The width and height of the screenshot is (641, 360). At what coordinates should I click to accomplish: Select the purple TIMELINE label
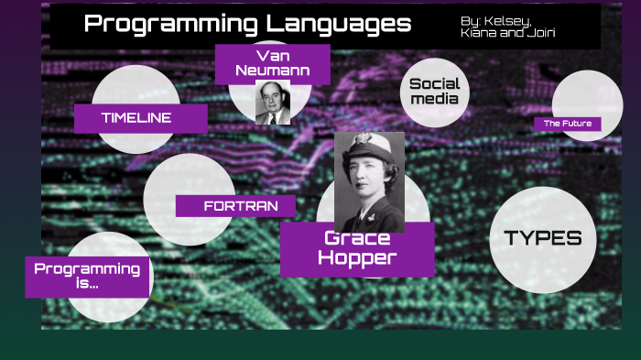[136, 117]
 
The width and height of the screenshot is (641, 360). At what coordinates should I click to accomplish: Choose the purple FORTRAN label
[235, 206]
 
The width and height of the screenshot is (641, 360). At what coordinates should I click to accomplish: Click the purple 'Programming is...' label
[87, 276]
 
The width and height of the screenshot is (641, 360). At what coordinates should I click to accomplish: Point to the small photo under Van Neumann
[272, 103]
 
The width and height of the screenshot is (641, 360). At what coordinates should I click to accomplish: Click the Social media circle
[434, 92]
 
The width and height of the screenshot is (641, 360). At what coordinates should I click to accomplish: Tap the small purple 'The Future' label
[568, 124]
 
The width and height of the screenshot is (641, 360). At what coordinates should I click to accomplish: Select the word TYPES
[543, 238]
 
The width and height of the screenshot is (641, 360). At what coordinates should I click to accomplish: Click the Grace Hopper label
[357, 248]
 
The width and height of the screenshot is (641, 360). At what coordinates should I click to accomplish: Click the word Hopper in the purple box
[357, 258]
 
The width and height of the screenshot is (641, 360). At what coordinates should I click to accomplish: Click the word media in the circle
[434, 99]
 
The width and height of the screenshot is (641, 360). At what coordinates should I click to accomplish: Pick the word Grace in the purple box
[357, 238]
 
